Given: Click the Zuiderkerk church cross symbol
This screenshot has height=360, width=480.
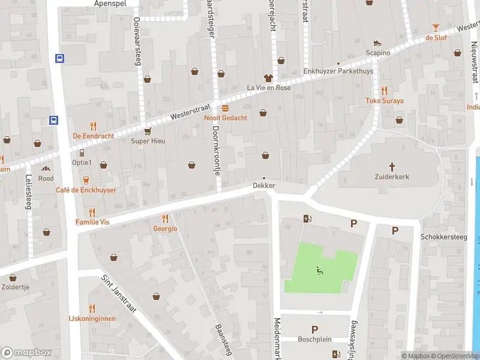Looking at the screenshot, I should pos(393,166).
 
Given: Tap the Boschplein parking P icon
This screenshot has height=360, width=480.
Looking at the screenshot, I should pos(314,329).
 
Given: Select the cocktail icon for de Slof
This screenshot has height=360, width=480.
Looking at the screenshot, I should pos(436,28).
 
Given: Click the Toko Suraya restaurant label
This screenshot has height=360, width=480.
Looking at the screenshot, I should pos(385,101).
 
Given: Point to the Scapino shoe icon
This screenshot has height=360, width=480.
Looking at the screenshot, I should pos(377,43).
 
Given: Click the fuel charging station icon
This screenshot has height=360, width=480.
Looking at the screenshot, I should pos(308,218).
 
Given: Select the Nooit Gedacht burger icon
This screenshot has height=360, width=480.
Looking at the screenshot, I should pos(225,108).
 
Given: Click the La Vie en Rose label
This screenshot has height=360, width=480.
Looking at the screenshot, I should pos(269,88).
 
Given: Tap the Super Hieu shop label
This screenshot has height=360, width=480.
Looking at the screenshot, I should pos(148,141).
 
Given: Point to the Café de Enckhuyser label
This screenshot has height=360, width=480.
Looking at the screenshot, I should pos(86,190).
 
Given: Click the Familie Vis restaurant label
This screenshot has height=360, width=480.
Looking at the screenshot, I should pos(92,222).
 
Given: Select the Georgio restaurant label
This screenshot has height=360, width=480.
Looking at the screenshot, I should pos(165,228).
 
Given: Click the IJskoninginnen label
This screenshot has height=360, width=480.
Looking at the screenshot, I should pos(92,319).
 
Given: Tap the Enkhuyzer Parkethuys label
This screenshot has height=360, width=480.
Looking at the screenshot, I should pos(338,71).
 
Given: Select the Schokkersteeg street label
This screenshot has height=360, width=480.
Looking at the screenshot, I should pos(443,237).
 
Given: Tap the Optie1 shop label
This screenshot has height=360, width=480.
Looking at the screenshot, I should pos(82,163).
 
